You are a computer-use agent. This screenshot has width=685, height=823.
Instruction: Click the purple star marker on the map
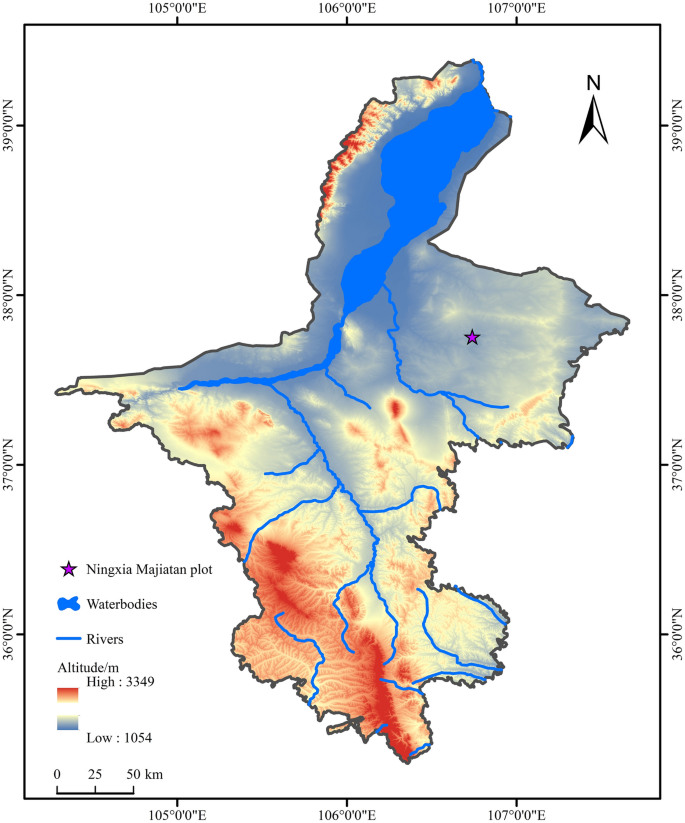tap(472, 338)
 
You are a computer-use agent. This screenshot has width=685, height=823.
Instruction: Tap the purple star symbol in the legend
tap(68, 569)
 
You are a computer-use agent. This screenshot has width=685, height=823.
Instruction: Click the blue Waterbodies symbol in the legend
tap(67, 604)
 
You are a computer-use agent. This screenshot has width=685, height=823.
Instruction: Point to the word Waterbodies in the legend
tap(122, 604)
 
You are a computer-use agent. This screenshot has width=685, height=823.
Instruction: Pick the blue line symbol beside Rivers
tap(67, 638)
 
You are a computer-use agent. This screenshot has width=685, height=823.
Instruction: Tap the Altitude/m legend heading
tap(88, 665)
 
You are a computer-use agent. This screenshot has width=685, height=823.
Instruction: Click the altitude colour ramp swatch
tap(68, 709)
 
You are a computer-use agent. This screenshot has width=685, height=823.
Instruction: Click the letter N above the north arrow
tap(593, 83)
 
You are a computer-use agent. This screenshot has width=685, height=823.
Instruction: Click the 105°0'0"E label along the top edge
tap(177, 10)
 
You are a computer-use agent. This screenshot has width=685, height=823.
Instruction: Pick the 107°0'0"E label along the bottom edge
tap(517, 813)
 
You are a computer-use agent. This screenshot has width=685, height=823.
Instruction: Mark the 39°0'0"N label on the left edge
tap(10, 125)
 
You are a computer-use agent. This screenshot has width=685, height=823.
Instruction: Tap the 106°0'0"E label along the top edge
tap(347, 10)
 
